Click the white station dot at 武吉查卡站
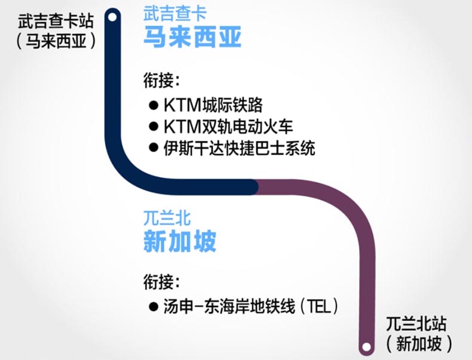112,17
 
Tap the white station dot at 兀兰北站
366,347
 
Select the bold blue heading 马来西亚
192,37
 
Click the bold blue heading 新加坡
180,241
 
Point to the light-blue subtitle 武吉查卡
175,14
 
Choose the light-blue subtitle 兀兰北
167,218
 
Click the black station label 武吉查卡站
56,21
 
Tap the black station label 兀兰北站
416,324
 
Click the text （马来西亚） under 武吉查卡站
56,41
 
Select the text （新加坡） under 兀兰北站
419,343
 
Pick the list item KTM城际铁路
213,105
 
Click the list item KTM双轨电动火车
228,127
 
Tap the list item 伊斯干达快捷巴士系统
240,148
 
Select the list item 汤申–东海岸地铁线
229,307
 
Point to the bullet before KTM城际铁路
154,105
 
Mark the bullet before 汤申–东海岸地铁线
154,307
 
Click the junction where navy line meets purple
255,187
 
